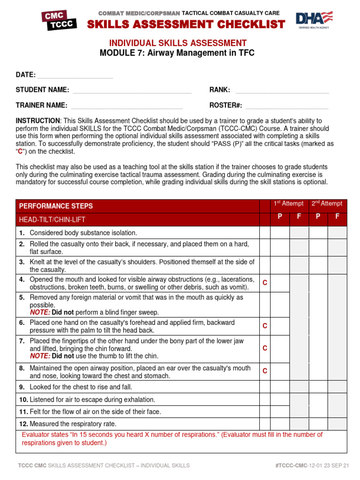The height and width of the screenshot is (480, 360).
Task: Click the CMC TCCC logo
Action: click(60, 21)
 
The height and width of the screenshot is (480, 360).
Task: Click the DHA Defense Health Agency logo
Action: click(314, 20)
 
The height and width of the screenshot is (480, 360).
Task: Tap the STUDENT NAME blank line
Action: click(132, 90)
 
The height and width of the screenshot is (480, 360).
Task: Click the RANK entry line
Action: click(282, 90)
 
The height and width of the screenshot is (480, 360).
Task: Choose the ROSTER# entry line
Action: click(287, 106)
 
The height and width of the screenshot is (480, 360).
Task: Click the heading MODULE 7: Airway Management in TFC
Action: click(177, 53)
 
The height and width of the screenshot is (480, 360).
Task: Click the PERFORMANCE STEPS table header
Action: click(56, 206)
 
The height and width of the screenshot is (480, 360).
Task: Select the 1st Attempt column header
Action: click(289, 203)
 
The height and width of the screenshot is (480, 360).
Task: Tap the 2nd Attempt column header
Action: click(327, 203)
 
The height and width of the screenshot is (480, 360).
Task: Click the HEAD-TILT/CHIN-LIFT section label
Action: click(52, 219)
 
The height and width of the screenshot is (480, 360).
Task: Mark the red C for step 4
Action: click(264, 283)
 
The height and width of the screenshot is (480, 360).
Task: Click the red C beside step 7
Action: click(264, 348)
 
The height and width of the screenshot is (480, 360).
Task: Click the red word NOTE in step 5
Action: click(39, 312)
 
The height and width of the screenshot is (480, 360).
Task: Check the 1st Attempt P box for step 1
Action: click(280, 233)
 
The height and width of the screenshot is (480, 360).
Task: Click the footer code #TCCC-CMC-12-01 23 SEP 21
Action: click(312, 465)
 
